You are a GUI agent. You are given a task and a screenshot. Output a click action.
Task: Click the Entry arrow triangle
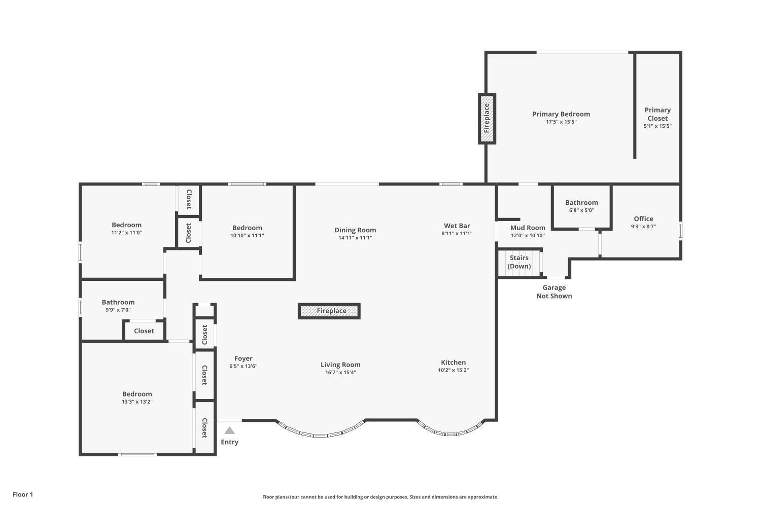pyautogui.click(x=230, y=430)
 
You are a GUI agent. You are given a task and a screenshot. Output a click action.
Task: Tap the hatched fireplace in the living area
pyautogui.click(x=329, y=311)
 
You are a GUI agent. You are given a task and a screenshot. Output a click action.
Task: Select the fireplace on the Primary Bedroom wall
pyautogui.click(x=487, y=119)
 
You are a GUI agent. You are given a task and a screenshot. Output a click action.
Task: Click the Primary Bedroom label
pyautogui.click(x=561, y=114)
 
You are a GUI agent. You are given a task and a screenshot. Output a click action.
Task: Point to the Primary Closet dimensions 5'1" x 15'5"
pyautogui.click(x=658, y=126)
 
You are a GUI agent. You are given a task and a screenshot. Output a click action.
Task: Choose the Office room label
pyautogui.click(x=643, y=219)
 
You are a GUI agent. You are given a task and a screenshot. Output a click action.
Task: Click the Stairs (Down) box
pyautogui.click(x=519, y=262)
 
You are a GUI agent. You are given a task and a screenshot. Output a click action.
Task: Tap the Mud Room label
pyautogui.click(x=528, y=228)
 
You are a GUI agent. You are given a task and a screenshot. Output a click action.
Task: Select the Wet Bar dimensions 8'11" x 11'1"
pyautogui.click(x=457, y=233)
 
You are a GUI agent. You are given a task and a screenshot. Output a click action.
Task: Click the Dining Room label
pyautogui.click(x=355, y=230)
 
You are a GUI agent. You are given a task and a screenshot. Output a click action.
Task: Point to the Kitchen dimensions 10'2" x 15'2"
pyautogui.click(x=453, y=370)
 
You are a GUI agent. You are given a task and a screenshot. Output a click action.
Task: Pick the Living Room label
pyautogui.click(x=340, y=365)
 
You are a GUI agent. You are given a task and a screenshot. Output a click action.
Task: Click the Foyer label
pyautogui.click(x=243, y=358)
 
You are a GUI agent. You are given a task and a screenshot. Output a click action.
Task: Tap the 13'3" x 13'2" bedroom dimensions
pyautogui.click(x=137, y=402)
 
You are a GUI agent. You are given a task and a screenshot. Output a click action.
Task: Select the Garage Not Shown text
pyautogui.click(x=554, y=292)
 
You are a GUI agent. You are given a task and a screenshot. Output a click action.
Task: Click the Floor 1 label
pyautogui.click(x=23, y=494)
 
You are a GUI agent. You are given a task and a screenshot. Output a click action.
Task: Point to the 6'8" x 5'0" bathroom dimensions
pyautogui.click(x=581, y=210)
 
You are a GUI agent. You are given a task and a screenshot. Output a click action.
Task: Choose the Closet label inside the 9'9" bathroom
pyautogui.click(x=144, y=331)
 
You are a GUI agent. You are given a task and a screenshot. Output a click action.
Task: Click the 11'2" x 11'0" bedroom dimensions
pyautogui.click(x=126, y=233)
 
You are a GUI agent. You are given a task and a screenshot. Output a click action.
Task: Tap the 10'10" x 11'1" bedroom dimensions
pyautogui.click(x=247, y=235)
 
